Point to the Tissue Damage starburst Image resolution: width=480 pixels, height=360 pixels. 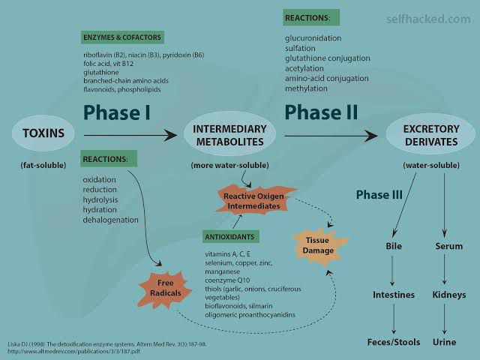pyautogui.click(x=318, y=245)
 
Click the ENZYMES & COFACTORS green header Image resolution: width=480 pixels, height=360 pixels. pyautogui.click(x=122, y=37)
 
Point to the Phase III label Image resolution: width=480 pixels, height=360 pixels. pyautogui.click(x=379, y=195)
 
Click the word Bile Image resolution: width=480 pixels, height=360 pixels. pyautogui.click(x=394, y=246)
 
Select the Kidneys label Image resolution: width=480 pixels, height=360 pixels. pyautogui.click(x=449, y=295)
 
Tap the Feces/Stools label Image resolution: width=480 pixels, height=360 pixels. pyautogui.click(x=394, y=342)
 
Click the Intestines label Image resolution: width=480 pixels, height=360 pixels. pyautogui.click(x=394, y=295)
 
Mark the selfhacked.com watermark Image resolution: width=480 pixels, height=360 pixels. pyautogui.click(x=428, y=19)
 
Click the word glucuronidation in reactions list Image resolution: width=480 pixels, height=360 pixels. pyautogui.click(x=313, y=37)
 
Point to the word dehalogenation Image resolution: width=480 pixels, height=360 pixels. pyautogui.click(x=110, y=220)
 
